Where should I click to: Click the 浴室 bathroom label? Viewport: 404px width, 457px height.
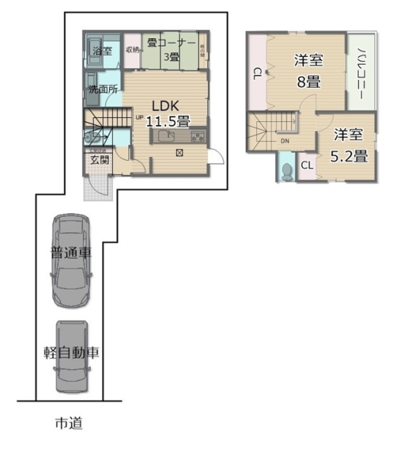[102, 51]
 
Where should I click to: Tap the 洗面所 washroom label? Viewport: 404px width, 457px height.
[102, 89]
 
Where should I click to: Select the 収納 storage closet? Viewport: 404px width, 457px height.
[132, 50]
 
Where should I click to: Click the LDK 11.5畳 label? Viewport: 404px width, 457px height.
[168, 113]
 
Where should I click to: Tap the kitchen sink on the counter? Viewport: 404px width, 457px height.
[168, 136]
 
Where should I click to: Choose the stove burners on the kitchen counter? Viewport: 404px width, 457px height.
[198, 137]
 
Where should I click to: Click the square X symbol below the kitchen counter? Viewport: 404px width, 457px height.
[180, 152]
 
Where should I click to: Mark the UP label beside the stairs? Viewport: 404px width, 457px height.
[139, 117]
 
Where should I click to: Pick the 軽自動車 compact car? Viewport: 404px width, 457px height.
[71, 354]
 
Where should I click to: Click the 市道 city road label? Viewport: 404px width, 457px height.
[68, 423]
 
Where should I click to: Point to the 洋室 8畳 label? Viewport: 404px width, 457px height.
[309, 70]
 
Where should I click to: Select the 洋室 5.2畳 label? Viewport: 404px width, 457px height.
[350, 145]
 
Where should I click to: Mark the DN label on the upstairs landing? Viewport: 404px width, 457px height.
[284, 142]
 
